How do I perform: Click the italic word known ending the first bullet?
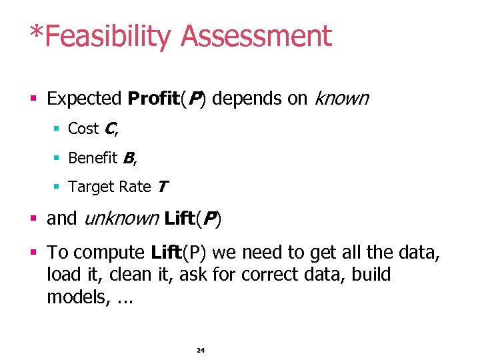click(x=341, y=99)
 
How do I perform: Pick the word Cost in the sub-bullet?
click(x=83, y=128)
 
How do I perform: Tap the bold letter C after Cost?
click(x=110, y=128)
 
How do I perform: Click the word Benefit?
click(x=93, y=158)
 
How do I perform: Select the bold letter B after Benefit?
click(x=128, y=158)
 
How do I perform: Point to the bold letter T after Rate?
click(x=162, y=187)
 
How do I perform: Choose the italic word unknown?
click(x=119, y=218)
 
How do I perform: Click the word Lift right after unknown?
click(x=179, y=218)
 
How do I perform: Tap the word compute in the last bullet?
click(x=109, y=253)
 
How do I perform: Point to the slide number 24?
click(x=201, y=350)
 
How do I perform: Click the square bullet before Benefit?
click(x=58, y=159)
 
